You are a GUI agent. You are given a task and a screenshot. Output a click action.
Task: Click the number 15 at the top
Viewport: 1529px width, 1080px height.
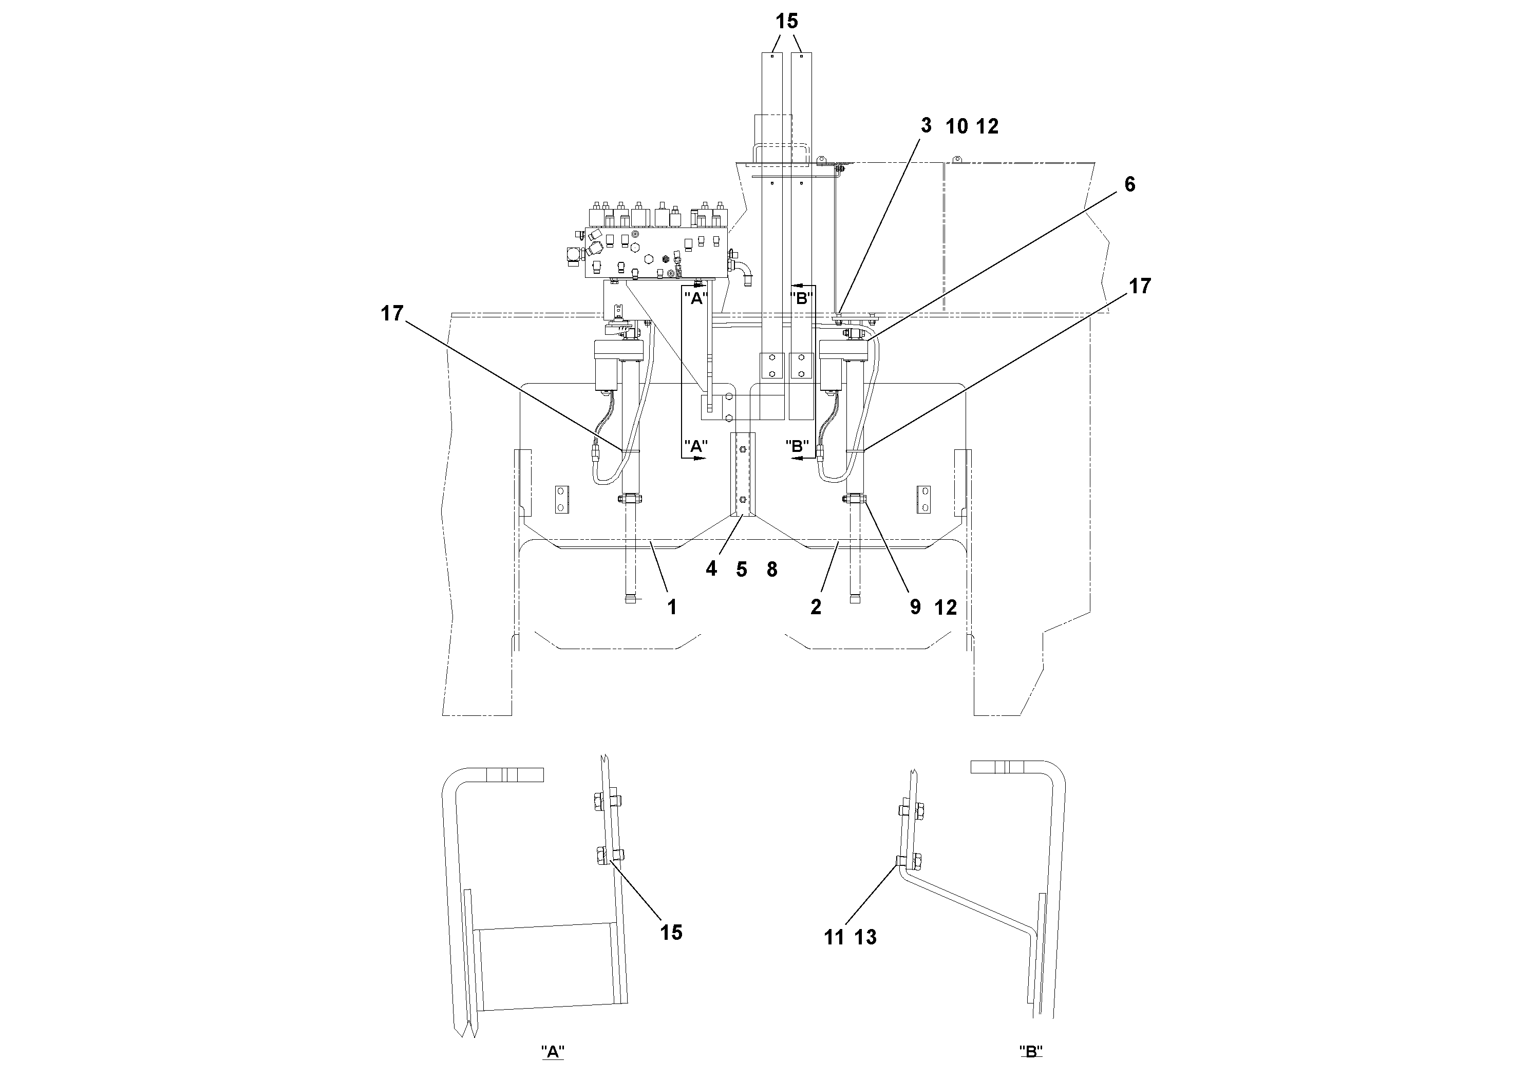(786, 21)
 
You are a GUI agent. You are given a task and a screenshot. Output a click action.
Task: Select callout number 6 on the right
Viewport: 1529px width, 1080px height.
(1129, 184)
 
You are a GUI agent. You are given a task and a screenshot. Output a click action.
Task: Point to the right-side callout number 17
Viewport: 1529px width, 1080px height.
(1139, 287)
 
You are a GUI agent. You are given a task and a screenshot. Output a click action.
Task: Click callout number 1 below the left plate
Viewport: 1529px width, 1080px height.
(672, 607)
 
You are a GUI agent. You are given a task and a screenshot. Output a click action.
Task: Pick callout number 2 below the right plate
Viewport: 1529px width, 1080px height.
(816, 607)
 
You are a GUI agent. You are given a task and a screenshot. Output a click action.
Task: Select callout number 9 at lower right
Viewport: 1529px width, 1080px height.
(915, 607)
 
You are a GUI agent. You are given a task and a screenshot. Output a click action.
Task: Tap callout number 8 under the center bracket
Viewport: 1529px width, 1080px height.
(772, 570)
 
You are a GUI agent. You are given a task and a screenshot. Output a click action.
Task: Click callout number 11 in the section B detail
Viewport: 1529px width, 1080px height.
(834, 938)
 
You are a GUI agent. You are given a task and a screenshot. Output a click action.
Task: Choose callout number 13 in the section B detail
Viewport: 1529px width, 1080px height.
(866, 938)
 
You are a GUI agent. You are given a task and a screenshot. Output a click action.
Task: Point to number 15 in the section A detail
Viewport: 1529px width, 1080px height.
(671, 933)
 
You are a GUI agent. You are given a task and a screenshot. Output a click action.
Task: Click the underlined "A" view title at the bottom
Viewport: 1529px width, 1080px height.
(553, 1052)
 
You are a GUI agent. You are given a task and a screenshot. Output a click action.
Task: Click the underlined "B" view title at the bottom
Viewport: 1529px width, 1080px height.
(1030, 1052)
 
